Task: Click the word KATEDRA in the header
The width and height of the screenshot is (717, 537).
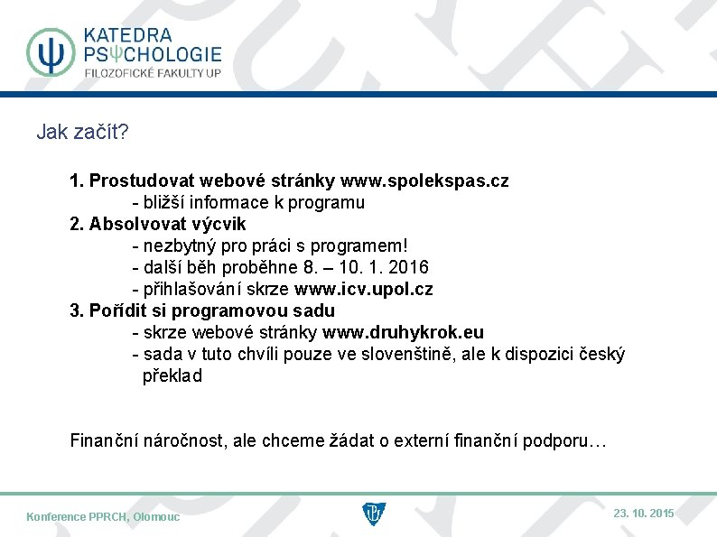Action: tap(127, 35)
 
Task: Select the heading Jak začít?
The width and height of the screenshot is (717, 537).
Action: tap(82, 133)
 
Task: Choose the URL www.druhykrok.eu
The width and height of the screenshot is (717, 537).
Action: tap(403, 332)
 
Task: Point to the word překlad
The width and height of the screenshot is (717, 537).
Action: tap(172, 375)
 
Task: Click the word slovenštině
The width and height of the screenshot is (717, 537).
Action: tap(408, 354)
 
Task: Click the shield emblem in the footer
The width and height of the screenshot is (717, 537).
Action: tap(373, 514)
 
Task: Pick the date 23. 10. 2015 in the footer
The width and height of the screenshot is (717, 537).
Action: tap(643, 513)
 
